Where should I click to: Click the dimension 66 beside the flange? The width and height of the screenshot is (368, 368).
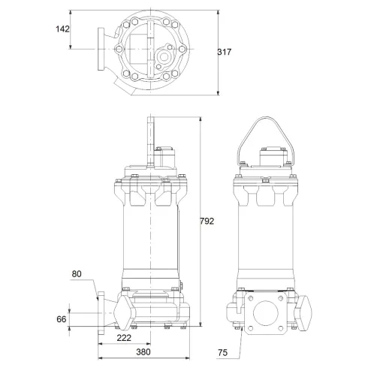62,319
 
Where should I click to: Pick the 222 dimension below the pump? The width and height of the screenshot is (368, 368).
125,339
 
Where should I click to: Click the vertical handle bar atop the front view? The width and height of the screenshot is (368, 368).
151,139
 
